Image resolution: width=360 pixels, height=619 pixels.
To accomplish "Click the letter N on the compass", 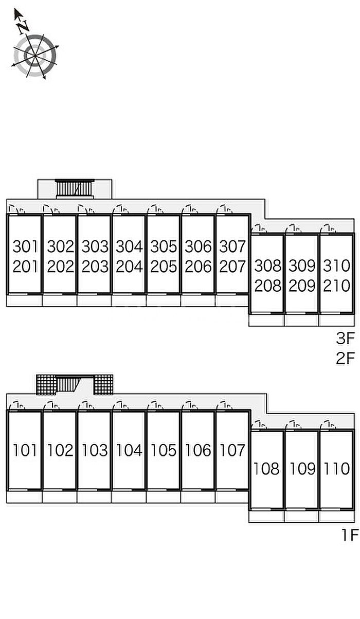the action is [x=23, y=27].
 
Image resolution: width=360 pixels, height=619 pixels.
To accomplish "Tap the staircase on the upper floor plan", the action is [x=75, y=188].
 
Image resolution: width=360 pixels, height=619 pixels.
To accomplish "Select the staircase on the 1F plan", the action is [x=68, y=384].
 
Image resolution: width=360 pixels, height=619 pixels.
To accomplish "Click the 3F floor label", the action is [x=346, y=338].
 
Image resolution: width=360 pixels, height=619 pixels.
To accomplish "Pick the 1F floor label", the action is [x=350, y=535].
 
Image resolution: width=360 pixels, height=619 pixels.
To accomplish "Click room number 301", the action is [x=25, y=246].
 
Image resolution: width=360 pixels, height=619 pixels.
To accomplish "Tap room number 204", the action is [x=129, y=267].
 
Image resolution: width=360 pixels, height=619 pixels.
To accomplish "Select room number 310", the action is [x=336, y=266].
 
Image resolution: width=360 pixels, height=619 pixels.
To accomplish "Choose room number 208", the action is [x=267, y=286].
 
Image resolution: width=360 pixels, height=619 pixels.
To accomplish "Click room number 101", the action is [x=25, y=450].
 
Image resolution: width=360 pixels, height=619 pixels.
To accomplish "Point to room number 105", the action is [x=163, y=450].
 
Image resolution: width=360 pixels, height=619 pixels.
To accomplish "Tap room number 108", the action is [x=266, y=469].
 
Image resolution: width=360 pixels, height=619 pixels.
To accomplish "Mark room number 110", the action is [x=336, y=469].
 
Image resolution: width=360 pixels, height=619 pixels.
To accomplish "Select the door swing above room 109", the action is [x=294, y=425].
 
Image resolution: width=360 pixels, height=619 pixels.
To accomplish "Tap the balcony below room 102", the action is [x=60, y=497].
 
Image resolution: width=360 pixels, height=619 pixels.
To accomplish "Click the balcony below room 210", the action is [x=336, y=320].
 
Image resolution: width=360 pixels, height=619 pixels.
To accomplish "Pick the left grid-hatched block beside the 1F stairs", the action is [x=46, y=384].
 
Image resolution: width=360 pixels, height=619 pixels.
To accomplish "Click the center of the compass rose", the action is [x=35, y=56].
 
